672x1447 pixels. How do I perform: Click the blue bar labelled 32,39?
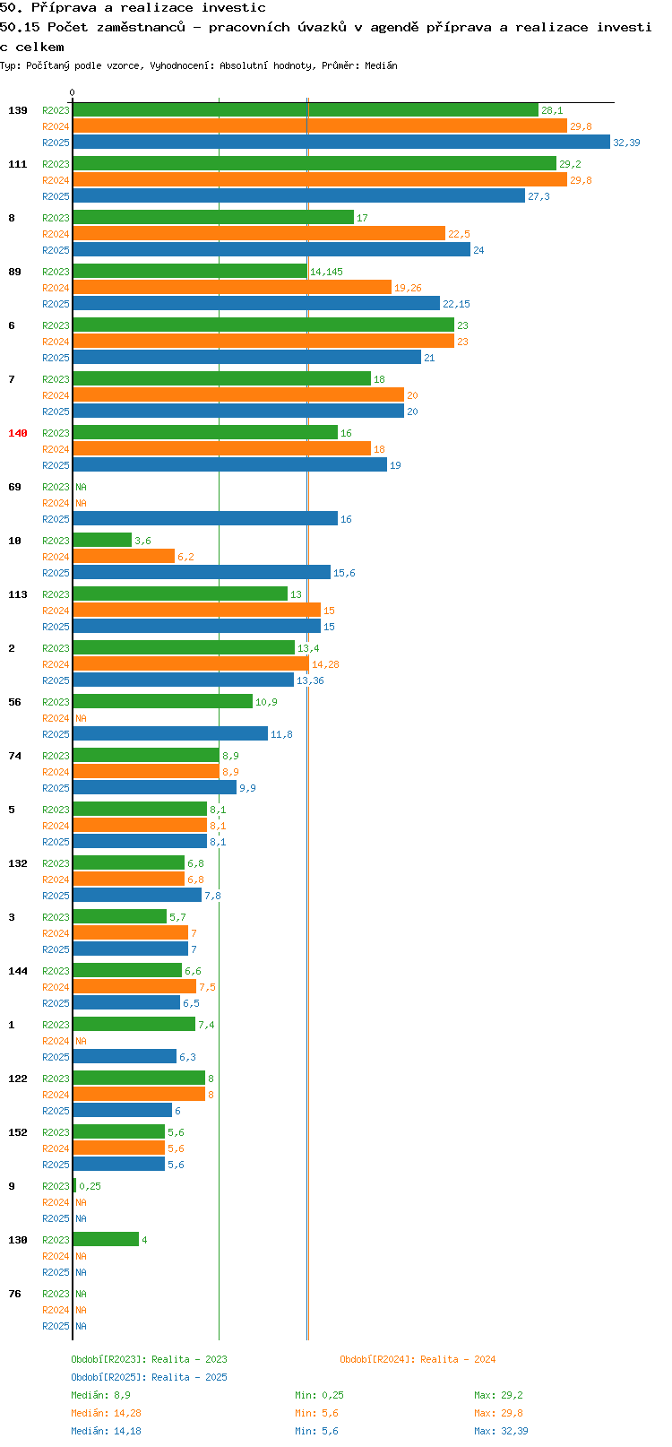(341, 143)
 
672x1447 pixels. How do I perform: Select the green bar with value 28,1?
(306, 109)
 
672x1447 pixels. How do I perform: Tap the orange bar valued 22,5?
(259, 234)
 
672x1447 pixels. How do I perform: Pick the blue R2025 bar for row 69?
(205, 519)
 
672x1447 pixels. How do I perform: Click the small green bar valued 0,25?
(75, 1186)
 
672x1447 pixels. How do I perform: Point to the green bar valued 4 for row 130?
(106, 1240)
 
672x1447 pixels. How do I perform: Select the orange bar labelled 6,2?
(124, 556)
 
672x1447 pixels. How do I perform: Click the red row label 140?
(18, 433)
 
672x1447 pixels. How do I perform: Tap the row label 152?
(18, 1132)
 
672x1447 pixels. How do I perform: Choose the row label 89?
(15, 272)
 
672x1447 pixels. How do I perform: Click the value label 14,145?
(327, 272)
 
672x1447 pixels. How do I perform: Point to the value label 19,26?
(408, 288)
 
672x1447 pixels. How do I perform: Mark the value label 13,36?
(311, 680)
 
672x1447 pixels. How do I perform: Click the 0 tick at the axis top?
(72, 92)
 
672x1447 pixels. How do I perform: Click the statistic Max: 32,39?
(501, 1431)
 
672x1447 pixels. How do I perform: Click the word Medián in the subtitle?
(381, 65)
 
